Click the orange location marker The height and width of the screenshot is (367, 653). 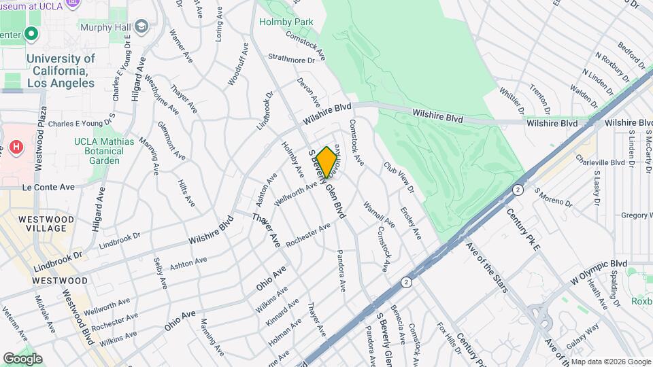327,162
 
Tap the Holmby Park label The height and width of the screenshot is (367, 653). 286,22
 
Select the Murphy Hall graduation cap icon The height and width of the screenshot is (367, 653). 141,27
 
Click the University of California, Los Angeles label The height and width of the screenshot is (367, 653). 61,71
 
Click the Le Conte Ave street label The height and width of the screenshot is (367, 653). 48,186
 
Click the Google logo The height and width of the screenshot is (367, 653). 22,358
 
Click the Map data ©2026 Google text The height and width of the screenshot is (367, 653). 611,361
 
